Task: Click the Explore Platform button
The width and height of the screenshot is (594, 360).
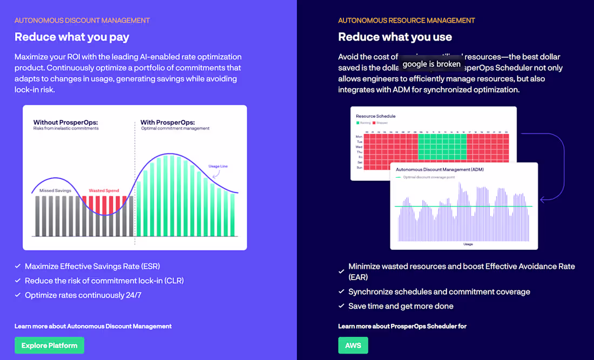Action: click(49, 345)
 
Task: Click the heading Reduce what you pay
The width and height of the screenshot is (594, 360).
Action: click(72, 37)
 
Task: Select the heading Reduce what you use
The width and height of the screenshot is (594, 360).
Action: click(395, 37)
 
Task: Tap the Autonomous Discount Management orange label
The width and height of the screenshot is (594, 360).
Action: click(82, 21)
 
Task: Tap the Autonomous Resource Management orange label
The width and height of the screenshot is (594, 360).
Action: click(406, 21)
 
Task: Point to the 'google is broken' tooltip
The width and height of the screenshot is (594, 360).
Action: click(431, 64)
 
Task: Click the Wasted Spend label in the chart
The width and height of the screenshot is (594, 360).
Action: click(104, 191)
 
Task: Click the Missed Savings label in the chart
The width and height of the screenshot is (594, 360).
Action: click(55, 191)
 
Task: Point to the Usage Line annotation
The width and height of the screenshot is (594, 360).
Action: click(218, 166)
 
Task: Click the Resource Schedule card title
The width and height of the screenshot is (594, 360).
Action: click(376, 116)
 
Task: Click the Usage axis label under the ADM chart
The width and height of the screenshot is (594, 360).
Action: click(468, 244)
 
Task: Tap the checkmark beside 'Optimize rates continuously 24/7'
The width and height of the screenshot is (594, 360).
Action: click(18, 295)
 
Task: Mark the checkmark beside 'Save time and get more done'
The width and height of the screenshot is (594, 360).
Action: click(341, 306)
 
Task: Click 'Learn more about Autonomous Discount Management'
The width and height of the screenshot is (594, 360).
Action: click(93, 326)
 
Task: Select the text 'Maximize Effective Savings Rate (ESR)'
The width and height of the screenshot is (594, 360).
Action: click(92, 266)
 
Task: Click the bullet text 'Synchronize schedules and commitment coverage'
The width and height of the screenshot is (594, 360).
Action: click(439, 291)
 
